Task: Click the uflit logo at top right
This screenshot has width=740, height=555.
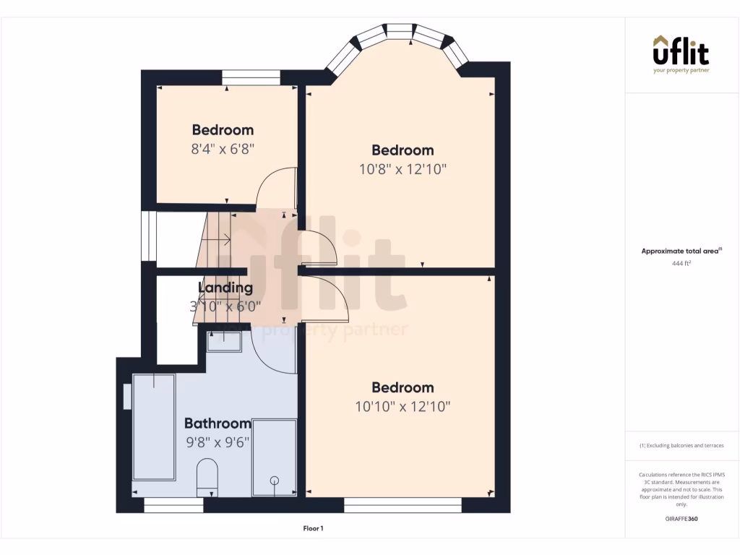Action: pos(681,53)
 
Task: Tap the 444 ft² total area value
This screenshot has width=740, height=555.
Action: pos(681,264)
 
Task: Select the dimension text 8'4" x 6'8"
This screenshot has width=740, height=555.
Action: pos(223,150)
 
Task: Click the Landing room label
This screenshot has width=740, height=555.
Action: pos(225,288)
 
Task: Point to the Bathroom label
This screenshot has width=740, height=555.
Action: pos(218,423)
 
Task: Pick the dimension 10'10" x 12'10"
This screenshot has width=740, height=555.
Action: pos(403,407)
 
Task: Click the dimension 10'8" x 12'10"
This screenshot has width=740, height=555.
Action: pos(403,170)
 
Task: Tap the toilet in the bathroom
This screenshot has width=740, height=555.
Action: pos(207,477)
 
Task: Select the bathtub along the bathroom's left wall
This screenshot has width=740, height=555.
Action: pos(154,426)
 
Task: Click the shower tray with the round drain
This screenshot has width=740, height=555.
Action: pos(274,457)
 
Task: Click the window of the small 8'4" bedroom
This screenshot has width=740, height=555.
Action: pos(251,77)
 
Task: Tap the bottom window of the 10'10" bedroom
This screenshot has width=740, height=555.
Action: pos(403,504)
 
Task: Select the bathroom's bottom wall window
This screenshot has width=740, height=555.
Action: pos(173,504)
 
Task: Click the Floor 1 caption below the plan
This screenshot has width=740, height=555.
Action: pos(313,529)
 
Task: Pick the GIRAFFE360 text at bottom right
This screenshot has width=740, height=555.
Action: pos(681,519)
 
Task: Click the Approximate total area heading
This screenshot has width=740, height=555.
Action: pos(681,251)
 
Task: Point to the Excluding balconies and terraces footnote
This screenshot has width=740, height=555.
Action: pos(681,446)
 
